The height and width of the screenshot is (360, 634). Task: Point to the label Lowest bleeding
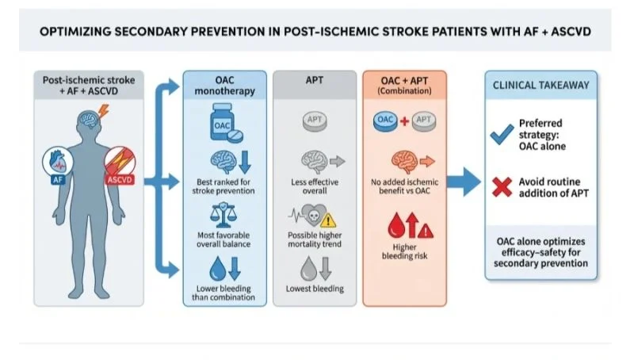315,289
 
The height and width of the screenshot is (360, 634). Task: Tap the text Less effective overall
315,188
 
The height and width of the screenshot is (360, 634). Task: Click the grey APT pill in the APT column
315,121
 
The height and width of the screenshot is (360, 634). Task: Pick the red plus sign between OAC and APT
404,121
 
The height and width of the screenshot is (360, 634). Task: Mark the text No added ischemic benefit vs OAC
404,188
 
